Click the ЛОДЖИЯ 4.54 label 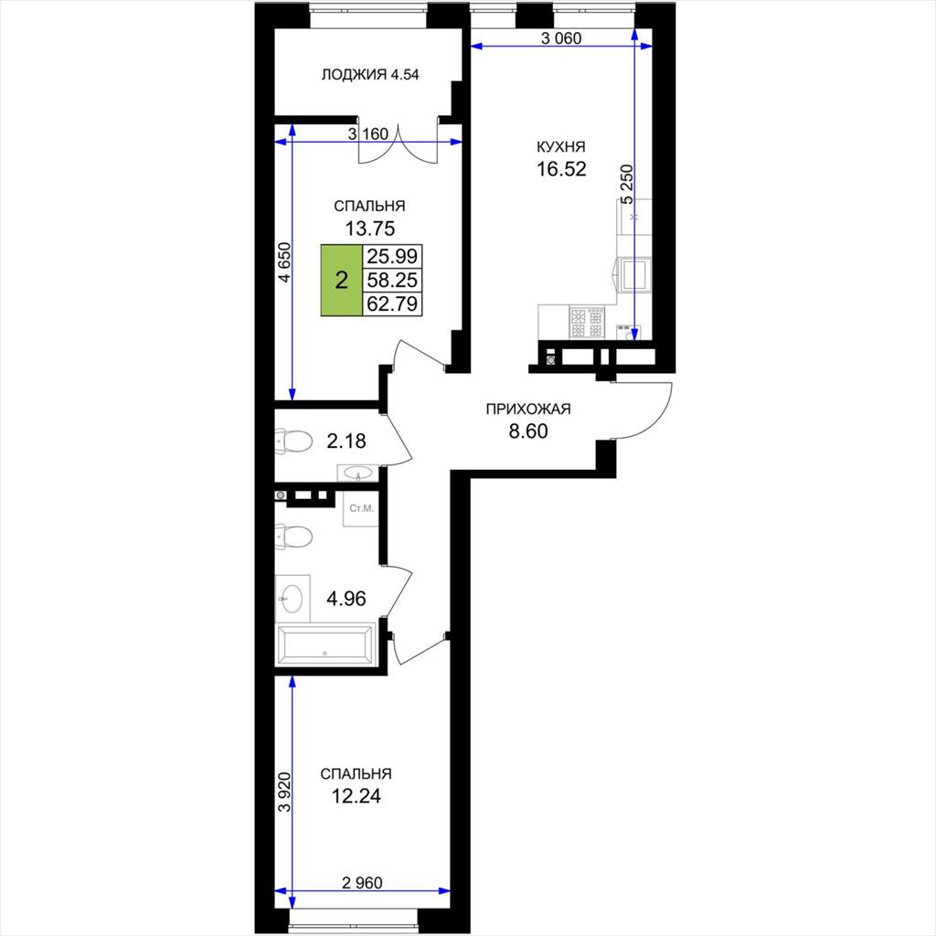coord(370,75)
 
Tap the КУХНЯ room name coord(561,147)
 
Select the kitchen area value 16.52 coord(561,169)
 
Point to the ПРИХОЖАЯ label coord(528,409)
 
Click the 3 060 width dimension coord(561,38)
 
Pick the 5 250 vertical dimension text coord(627,185)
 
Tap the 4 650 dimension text coord(285,262)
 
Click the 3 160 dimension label coord(368,133)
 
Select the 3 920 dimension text coord(285,792)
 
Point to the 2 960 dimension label coord(362,882)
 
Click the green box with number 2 coord(342,280)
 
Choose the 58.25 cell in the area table coord(392,280)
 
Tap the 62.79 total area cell coord(392,303)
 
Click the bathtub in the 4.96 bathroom coord(325,644)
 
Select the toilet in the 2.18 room coord(293,441)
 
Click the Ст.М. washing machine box coord(361,508)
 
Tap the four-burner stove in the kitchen coord(587,323)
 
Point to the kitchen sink coord(634,274)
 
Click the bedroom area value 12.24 coord(356,796)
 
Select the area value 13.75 coord(370,228)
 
